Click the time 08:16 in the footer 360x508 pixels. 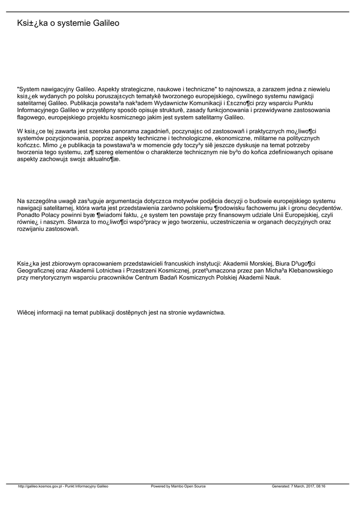320,486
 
